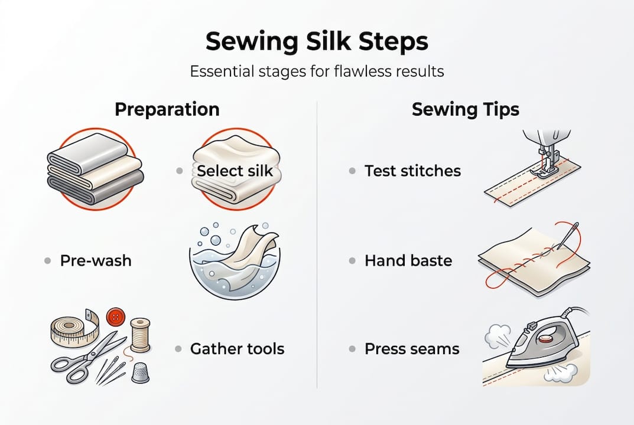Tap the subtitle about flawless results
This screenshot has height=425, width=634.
click(x=317, y=72)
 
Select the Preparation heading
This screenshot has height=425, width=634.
click(x=167, y=110)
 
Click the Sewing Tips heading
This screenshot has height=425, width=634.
click(x=466, y=110)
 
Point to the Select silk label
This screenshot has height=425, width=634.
click(x=235, y=171)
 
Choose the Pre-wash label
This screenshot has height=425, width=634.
click(x=96, y=260)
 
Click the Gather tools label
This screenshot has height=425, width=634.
click(x=237, y=349)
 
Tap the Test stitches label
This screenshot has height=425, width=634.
click(x=412, y=171)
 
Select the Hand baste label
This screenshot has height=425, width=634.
click(x=408, y=260)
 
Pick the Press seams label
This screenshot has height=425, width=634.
click(x=412, y=349)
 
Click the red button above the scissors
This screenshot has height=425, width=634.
click(x=114, y=318)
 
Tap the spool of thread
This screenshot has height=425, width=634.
click(x=140, y=335)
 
